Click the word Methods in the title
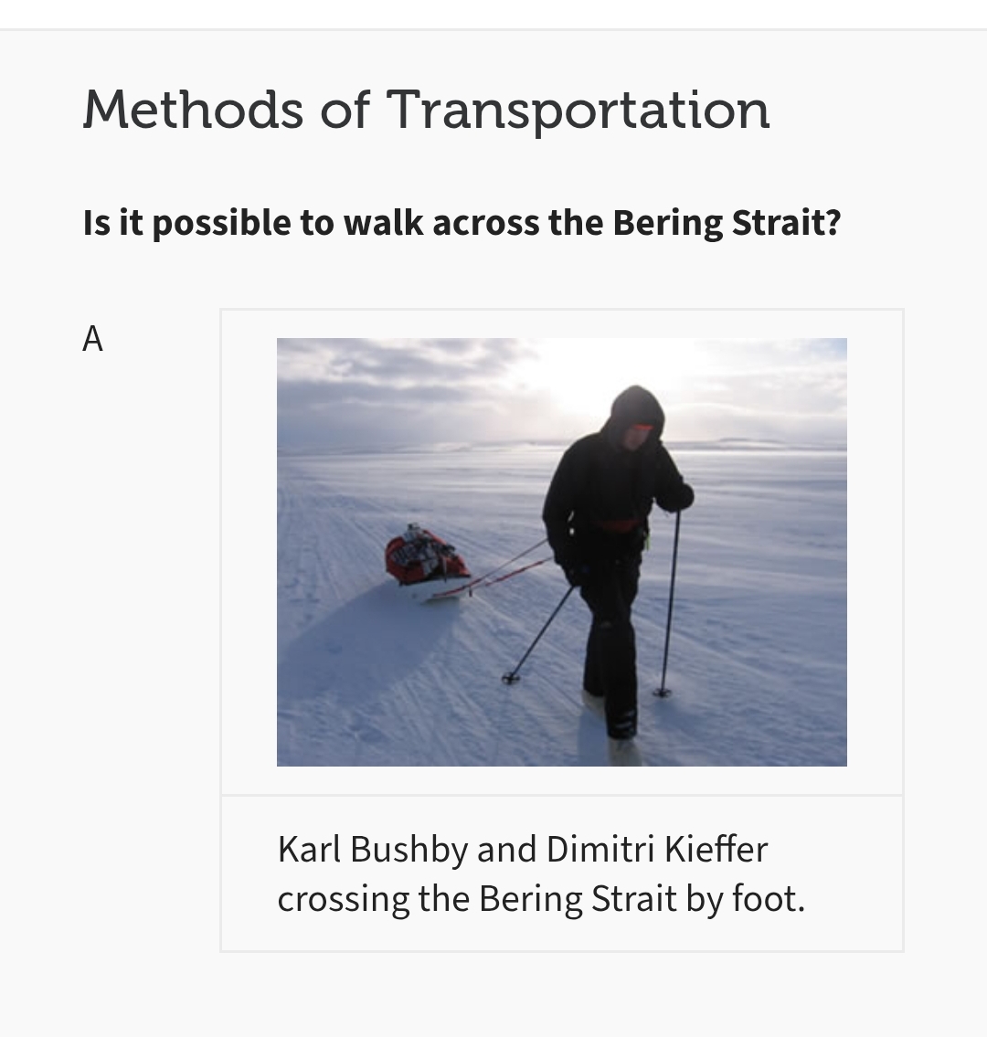[193, 109]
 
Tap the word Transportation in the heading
[578, 111]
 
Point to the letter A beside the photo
[92, 339]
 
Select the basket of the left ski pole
[510, 677]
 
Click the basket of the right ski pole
[663, 693]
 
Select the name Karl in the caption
[309, 849]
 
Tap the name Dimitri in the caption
[600, 849]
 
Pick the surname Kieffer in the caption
[716, 849]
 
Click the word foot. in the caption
[769, 899]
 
